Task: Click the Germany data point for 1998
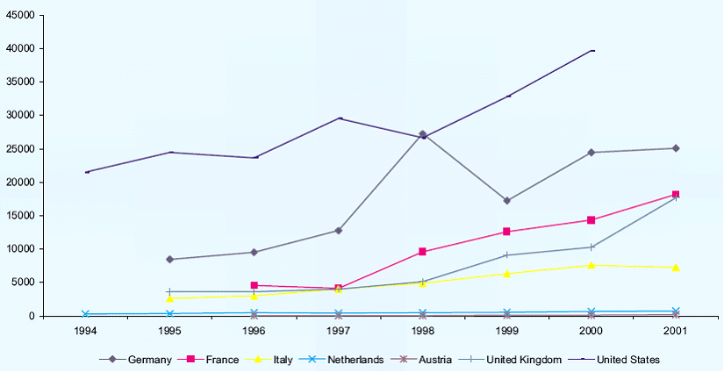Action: [x=422, y=134]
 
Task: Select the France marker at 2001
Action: [x=676, y=195]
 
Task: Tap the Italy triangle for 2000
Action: [x=591, y=264]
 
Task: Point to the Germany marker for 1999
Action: [x=507, y=201]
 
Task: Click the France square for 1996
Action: [x=254, y=285]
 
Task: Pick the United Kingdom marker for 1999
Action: [x=507, y=255]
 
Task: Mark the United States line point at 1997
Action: [x=339, y=118]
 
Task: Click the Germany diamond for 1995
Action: [x=169, y=260]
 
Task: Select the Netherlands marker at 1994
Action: [x=85, y=314]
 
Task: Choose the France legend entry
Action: [x=215, y=360]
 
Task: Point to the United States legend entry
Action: [x=616, y=360]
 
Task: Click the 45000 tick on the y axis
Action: [x=20, y=15]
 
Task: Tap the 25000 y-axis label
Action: [x=20, y=148]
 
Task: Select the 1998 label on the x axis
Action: [x=422, y=331]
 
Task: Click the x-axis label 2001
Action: [x=676, y=331]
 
